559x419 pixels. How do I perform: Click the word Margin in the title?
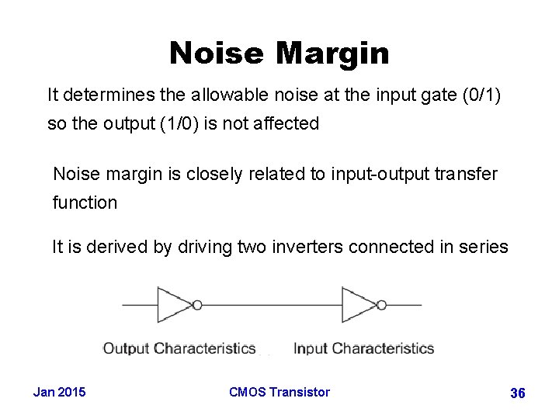coord(332,54)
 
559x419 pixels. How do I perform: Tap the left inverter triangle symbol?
coord(173,305)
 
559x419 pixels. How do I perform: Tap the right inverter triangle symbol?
coord(358,305)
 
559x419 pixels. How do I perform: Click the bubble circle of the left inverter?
coord(197,305)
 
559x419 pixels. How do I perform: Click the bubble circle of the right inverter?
coord(382,305)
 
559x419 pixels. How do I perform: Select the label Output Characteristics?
coord(179,348)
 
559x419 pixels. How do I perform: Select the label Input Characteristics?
coord(363,348)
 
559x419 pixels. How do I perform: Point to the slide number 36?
coord(517,393)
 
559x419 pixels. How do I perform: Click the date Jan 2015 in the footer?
coord(60,392)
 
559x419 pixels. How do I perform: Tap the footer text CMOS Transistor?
coord(279,392)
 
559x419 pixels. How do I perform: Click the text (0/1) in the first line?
coord(482,96)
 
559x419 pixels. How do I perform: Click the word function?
coord(85,203)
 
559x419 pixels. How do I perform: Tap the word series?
coord(481,248)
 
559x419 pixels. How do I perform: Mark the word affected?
coord(289,124)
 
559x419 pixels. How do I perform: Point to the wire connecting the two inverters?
coord(272,305)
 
